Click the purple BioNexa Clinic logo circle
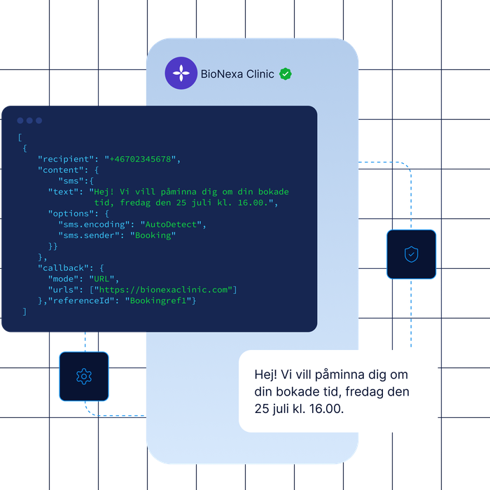tap(181, 73)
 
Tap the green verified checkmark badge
tap(286, 74)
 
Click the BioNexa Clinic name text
tap(237, 74)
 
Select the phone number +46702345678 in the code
tap(140, 159)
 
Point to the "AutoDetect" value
tap(171, 225)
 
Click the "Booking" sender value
tap(153, 235)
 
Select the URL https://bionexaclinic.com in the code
tap(163, 290)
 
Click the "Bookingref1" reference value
tap(158, 300)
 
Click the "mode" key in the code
tap(66, 279)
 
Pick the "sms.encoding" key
tap(94, 225)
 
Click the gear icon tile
tap(84, 377)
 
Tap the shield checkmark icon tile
tap(412, 254)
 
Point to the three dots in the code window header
tap(29, 120)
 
